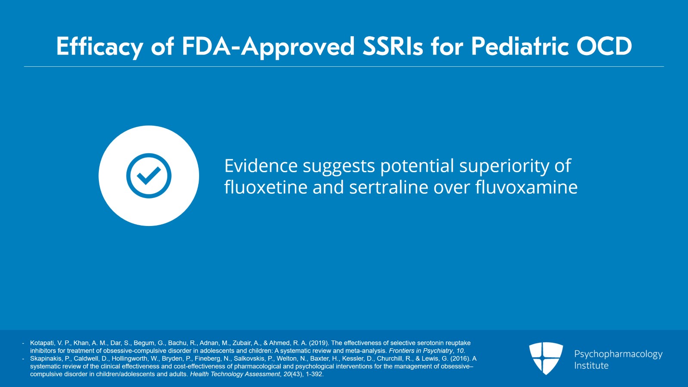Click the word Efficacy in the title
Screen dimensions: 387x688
coord(99,46)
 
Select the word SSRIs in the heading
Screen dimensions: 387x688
coord(393,46)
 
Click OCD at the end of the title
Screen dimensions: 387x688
coord(604,46)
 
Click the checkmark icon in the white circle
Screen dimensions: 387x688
coord(149,176)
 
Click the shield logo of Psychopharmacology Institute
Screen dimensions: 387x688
coord(546,358)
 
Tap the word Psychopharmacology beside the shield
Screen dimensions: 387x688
coord(618,354)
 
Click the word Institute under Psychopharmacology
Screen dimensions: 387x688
coord(591,365)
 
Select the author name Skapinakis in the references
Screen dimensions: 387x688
coord(46,359)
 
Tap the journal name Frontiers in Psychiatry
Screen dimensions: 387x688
coord(421,351)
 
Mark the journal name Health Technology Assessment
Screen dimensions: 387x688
coord(235,374)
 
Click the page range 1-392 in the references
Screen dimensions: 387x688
coord(314,374)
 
